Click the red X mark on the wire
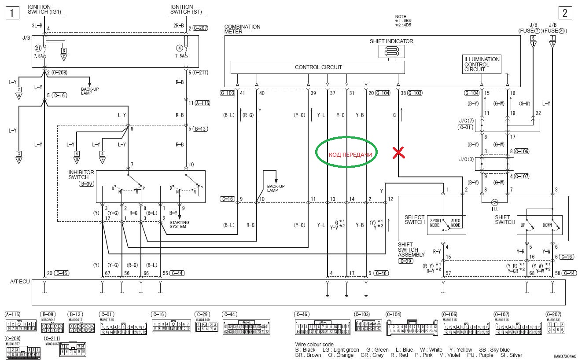(x=398, y=153)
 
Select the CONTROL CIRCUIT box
(x=318, y=67)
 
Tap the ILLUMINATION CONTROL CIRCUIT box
(x=482, y=64)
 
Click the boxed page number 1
(x=12, y=13)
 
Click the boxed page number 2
(x=564, y=13)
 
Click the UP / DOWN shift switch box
(x=539, y=223)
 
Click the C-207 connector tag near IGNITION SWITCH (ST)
(x=200, y=28)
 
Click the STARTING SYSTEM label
(x=179, y=224)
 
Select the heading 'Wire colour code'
(x=314, y=344)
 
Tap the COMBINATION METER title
(x=242, y=29)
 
